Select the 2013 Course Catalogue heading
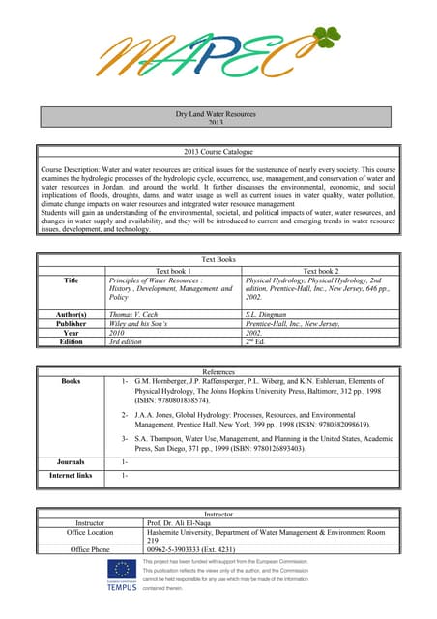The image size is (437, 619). coord(218,152)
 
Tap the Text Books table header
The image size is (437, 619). coord(218,260)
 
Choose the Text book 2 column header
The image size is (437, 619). coord(320,270)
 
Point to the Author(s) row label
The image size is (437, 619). coord(71,314)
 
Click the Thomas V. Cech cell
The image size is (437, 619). coord(135,314)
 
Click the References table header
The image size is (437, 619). coord(218,372)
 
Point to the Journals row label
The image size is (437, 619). coord(71,462)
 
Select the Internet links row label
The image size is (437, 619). coord(71,476)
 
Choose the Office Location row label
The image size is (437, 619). coord(90,532)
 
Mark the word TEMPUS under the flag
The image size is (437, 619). coord(122,587)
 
